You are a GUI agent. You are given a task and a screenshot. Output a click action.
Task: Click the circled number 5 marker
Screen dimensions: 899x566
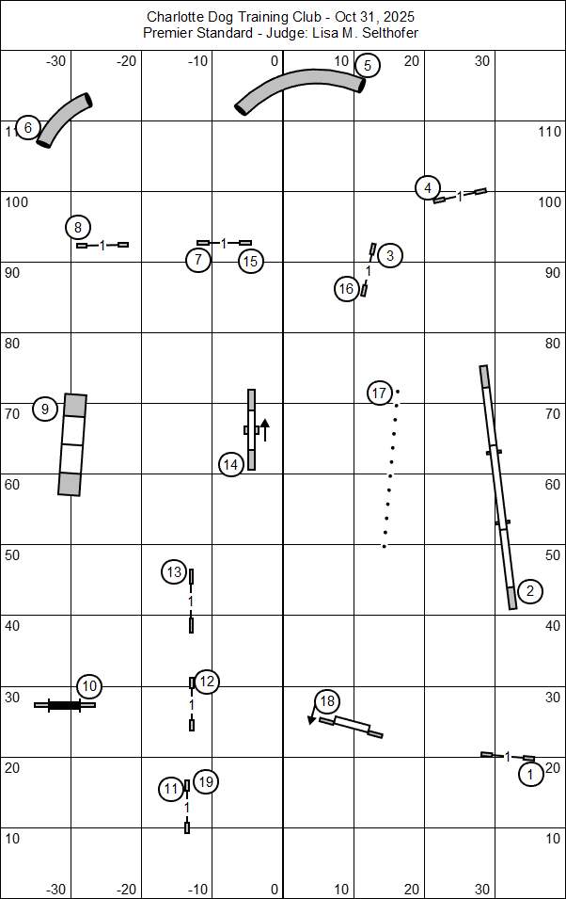point(367,65)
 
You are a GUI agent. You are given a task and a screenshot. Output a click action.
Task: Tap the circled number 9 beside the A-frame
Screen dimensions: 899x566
point(45,409)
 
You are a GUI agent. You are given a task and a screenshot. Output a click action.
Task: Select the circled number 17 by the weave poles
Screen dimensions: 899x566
point(379,393)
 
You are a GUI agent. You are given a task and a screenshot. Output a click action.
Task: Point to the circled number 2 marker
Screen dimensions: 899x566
point(530,591)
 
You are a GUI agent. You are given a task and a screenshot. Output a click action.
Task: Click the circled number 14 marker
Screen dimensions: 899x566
point(231,464)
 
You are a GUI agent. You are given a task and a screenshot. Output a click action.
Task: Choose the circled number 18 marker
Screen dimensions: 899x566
point(327,701)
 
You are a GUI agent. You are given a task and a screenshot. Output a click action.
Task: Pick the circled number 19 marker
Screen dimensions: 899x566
point(206,781)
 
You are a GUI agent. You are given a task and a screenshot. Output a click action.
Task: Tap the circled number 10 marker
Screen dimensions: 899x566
point(89,686)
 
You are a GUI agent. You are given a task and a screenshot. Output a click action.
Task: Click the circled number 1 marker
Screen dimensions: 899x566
point(531,775)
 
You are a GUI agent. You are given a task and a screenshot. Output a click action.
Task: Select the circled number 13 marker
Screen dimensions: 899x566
point(173,572)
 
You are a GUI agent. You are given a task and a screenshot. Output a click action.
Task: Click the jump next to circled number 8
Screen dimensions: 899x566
point(102,245)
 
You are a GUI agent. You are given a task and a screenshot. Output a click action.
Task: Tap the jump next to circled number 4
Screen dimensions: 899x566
point(460,196)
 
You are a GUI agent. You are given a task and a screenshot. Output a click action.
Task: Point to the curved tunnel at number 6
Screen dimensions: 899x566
point(64,120)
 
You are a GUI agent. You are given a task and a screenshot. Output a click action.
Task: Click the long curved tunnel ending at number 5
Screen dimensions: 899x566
point(299,91)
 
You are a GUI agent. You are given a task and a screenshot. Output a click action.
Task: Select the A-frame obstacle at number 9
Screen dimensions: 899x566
point(72,444)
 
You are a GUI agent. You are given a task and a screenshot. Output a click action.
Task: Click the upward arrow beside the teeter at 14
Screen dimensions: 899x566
point(265,429)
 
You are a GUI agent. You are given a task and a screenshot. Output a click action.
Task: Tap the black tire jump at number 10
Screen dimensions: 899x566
point(64,704)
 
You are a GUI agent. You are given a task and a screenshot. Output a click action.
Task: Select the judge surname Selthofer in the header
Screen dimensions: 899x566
point(385,33)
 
